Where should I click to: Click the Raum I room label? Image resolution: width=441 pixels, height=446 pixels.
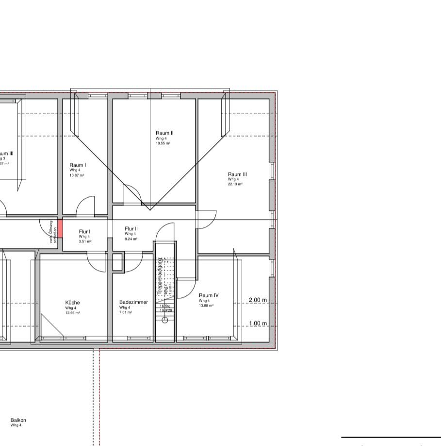[x=78, y=165]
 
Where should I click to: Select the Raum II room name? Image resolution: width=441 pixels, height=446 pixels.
[x=164, y=133]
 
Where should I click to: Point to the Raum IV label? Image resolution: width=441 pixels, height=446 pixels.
[x=209, y=295]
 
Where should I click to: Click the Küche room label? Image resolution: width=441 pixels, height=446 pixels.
[x=72, y=302]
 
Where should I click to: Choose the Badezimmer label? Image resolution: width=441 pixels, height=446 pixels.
[x=133, y=302]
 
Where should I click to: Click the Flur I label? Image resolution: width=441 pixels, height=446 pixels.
[x=85, y=232]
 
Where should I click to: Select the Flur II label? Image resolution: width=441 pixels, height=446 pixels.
[x=131, y=228]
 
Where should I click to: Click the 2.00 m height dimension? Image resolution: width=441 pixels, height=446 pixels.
[x=258, y=300]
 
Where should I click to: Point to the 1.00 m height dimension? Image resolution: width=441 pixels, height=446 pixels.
[x=258, y=323]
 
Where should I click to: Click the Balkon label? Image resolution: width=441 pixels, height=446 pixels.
[x=18, y=420]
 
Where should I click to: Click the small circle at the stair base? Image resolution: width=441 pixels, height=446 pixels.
[x=164, y=320]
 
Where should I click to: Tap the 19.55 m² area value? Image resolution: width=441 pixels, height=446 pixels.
[x=163, y=144]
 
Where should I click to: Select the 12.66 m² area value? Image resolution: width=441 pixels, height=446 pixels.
[x=72, y=313]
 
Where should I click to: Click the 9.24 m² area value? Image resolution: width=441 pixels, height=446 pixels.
[x=131, y=239]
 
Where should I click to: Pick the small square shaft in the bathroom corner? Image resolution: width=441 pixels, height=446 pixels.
[x=118, y=262]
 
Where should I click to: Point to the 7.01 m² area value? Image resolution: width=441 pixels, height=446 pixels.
[x=125, y=313]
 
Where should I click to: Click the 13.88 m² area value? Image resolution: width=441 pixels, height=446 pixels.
[x=206, y=306]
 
